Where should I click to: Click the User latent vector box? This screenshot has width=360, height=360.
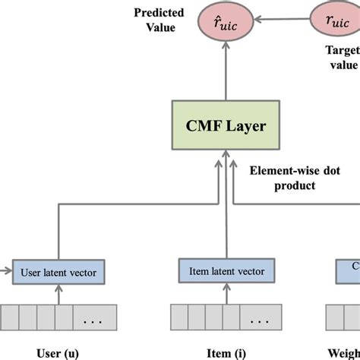[x=62, y=269]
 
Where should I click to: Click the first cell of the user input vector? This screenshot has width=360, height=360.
[x=11, y=315]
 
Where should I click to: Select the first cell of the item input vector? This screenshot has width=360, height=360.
[x=179, y=315]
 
